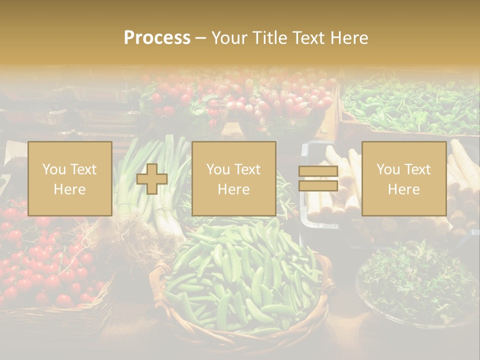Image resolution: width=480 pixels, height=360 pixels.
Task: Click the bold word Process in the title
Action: click(x=157, y=38)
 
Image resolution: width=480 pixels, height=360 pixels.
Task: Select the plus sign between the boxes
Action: click(x=152, y=179)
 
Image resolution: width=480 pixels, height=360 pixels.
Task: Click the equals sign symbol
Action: click(x=318, y=178)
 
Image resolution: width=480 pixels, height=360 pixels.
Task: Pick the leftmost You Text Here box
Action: click(x=70, y=178)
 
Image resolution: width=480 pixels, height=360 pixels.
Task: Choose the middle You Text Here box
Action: click(x=233, y=178)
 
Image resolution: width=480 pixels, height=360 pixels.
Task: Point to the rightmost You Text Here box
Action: click(x=404, y=178)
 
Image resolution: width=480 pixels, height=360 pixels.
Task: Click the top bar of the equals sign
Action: click(x=318, y=171)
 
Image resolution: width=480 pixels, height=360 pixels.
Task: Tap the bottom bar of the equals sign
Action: click(x=318, y=186)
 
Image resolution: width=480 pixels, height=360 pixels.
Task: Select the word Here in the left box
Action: click(x=70, y=189)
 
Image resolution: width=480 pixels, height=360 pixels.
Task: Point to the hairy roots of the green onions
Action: click(x=125, y=235)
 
